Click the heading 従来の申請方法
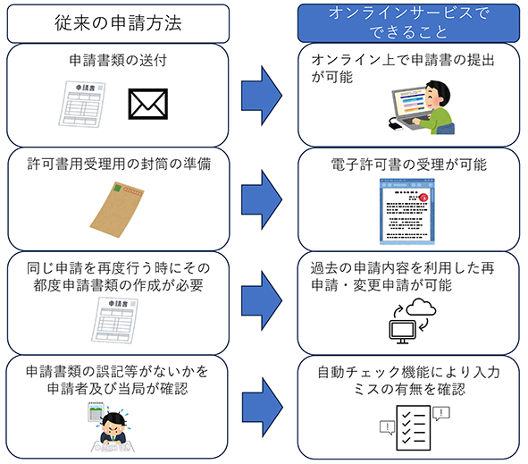click(118, 23)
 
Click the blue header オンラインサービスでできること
click(408, 23)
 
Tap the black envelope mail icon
click(147, 104)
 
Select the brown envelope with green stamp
click(116, 209)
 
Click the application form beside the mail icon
click(82, 104)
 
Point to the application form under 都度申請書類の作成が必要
click(114, 320)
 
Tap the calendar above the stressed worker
click(96, 412)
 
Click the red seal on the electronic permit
click(423, 197)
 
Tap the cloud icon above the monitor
click(421, 307)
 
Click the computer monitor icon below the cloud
click(402, 332)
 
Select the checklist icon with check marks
click(414, 427)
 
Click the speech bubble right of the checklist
click(441, 413)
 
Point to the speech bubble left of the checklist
click(387, 427)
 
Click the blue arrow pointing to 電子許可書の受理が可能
click(262, 199)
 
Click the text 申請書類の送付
click(118, 60)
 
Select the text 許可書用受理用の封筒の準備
click(119, 165)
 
